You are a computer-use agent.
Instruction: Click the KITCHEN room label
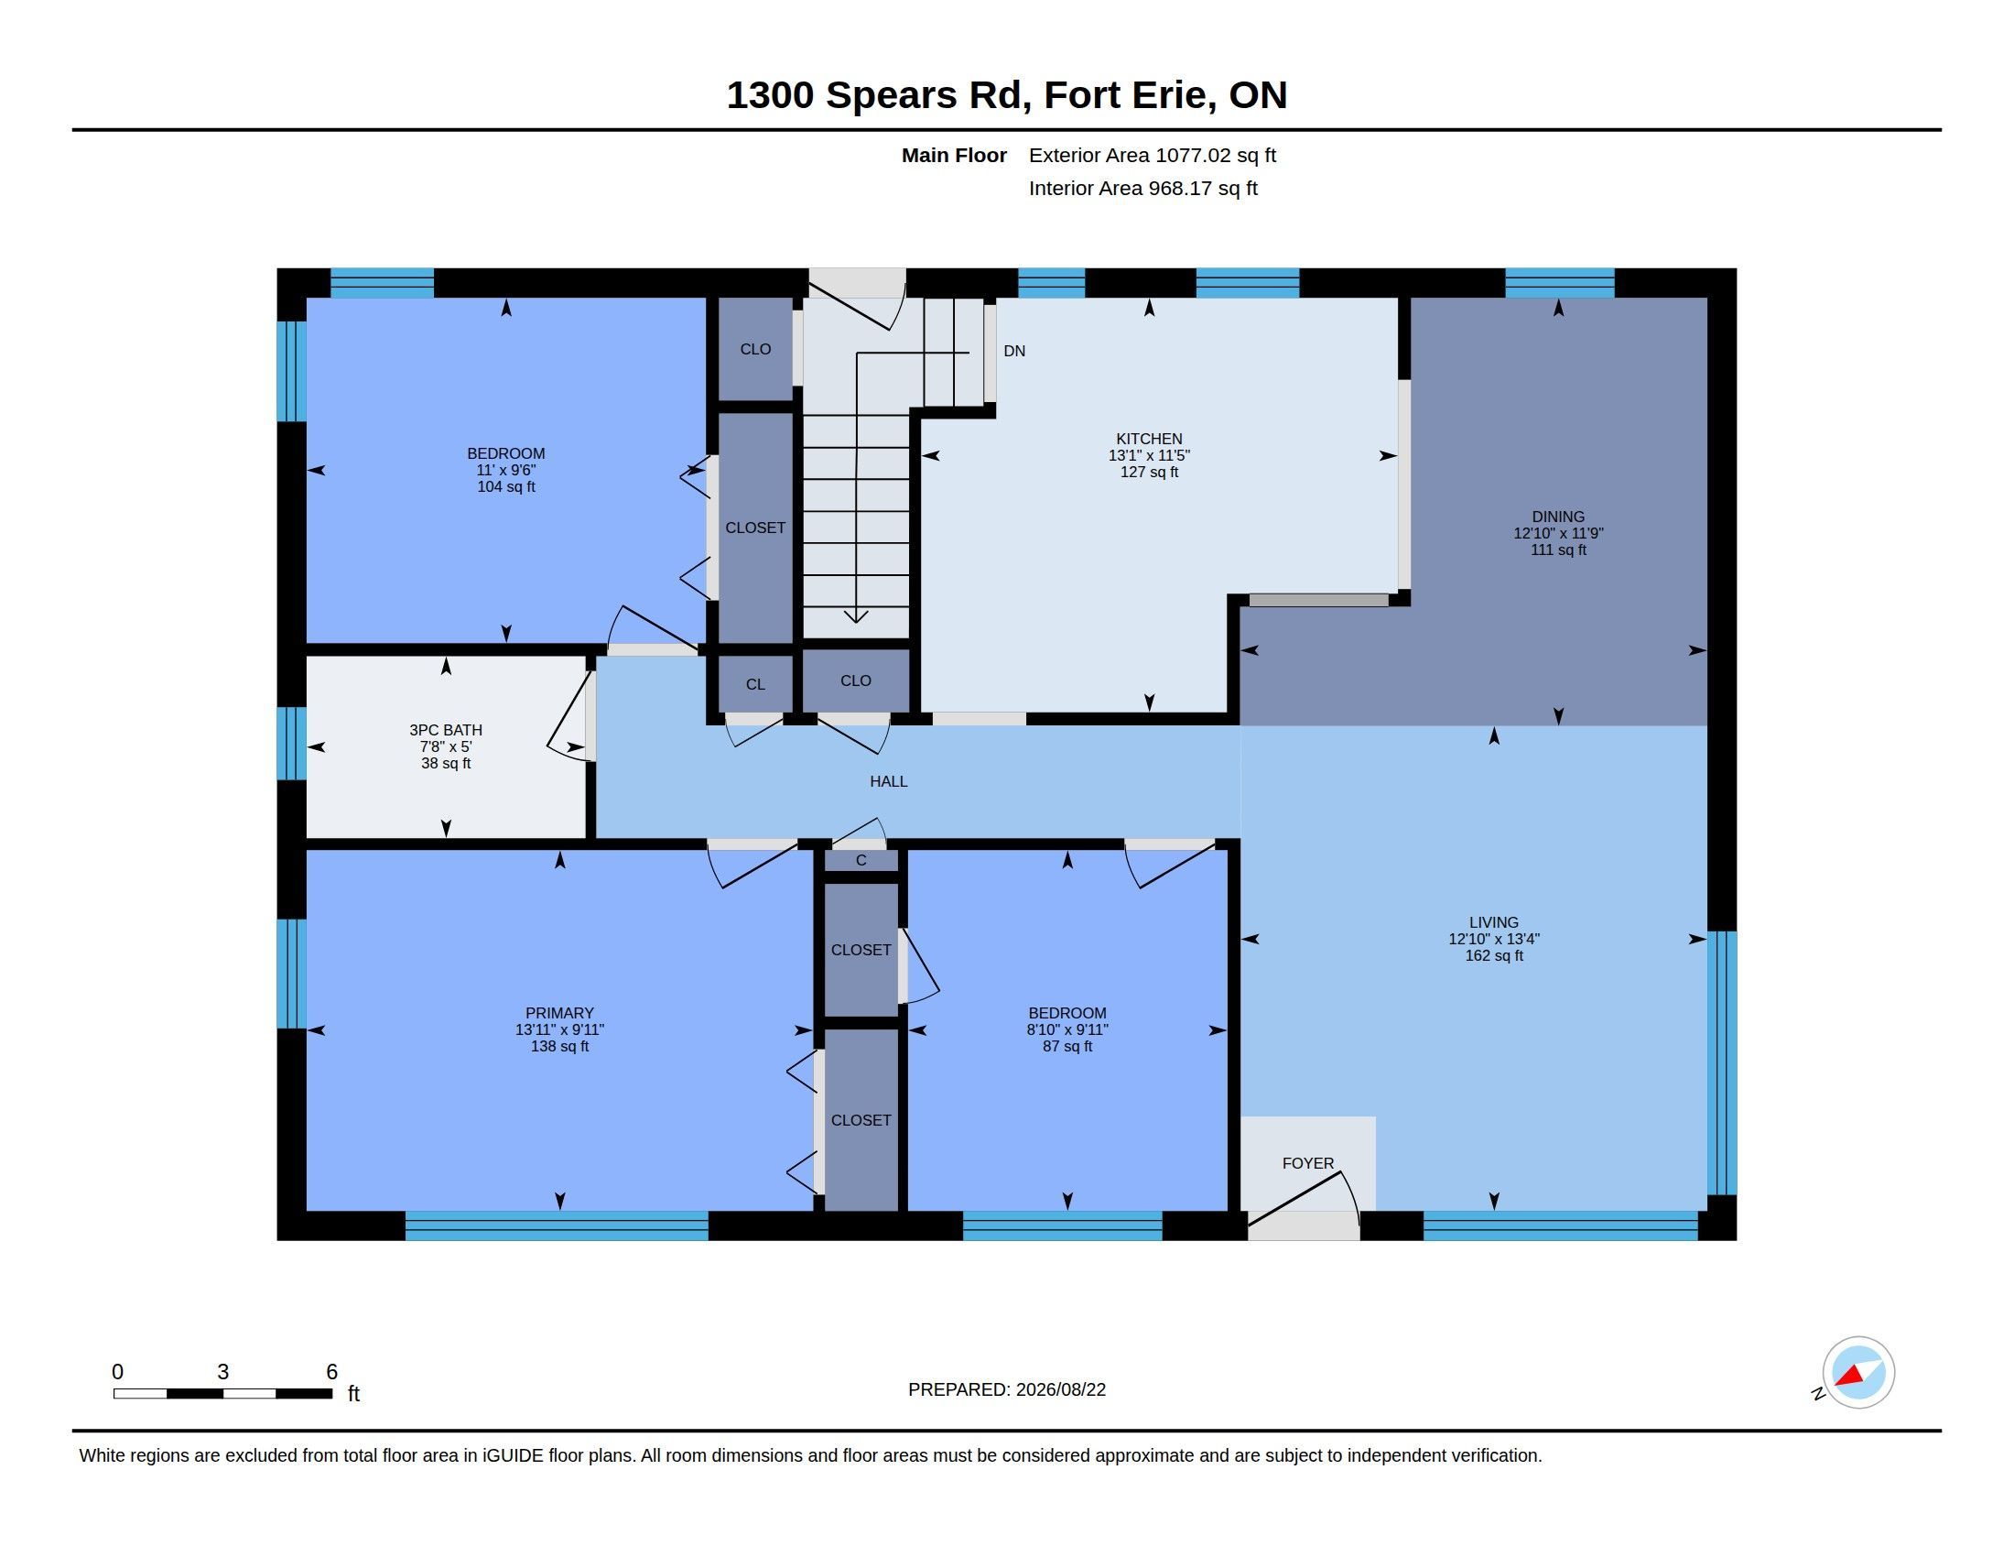[1149, 439]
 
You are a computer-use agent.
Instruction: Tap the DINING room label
[1558, 517]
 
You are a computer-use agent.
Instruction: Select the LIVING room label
[1494, 922]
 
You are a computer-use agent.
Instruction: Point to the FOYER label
[1307, 1163]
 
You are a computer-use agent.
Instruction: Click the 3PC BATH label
[447, 730]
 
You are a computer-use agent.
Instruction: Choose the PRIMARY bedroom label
[559, 1013]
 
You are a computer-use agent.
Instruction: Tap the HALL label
[889, 781]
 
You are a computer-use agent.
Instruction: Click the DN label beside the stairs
[1014, 351]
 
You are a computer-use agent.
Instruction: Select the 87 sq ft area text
[1067, 1046]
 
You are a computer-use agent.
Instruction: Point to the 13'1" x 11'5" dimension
[1149, 456]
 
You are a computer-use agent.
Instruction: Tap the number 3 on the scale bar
[223, 1372]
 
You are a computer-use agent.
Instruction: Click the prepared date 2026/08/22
[1060, 1389]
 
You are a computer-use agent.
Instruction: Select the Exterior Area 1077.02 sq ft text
[1153, 155]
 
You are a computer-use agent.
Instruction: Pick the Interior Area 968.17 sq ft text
[1143, 188]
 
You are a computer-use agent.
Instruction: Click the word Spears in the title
[892, 95]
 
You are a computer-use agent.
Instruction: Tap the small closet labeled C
[861, 861]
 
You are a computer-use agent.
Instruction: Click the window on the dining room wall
[1560, 282]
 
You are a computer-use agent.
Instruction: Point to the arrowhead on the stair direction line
[856, 615]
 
